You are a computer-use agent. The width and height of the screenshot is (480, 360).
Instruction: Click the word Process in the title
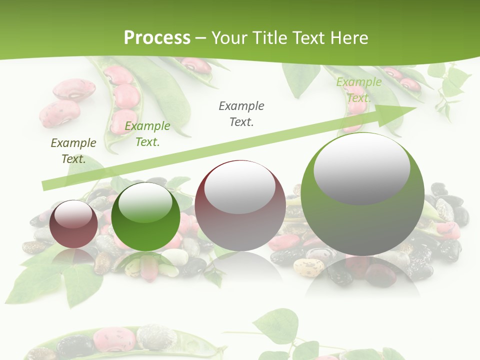click(157, 37)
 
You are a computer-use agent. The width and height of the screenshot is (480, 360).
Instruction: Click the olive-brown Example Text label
click(73, 151)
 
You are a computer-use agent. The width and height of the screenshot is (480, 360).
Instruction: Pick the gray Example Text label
click(241, 114)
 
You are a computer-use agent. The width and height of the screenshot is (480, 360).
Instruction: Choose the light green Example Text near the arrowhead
click(358, 90)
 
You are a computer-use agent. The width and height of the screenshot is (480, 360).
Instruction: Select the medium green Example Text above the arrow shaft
click(147, 134)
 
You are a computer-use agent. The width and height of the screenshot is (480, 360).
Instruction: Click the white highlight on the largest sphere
click(361, 168)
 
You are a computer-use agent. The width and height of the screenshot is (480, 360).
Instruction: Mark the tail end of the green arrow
click(45, 186)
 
